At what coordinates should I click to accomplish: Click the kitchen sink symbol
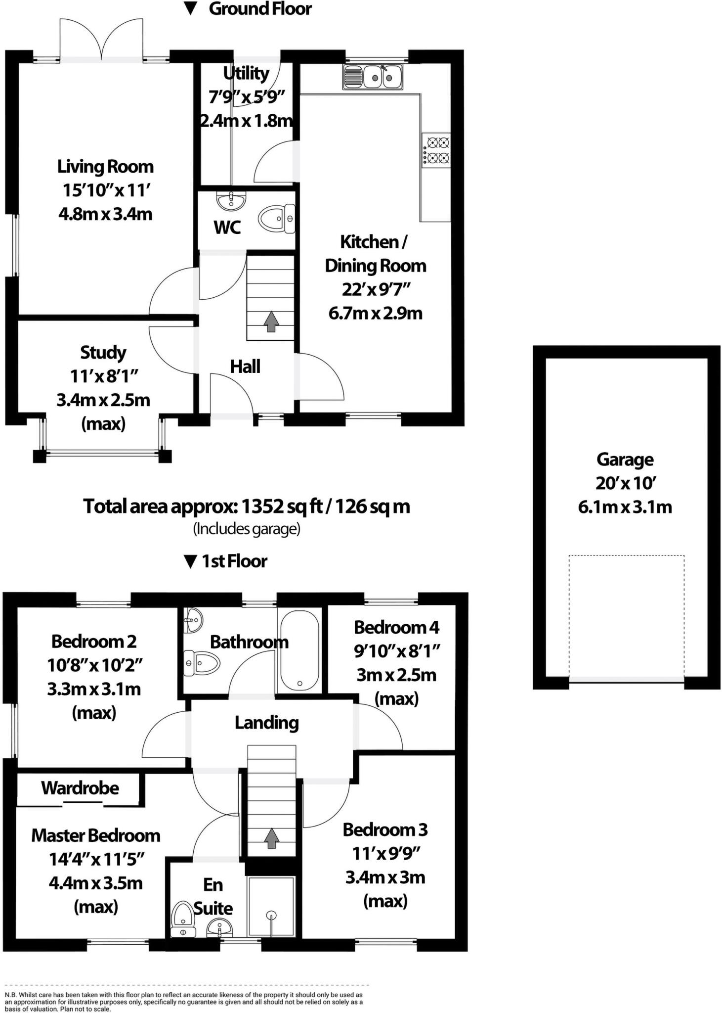373,77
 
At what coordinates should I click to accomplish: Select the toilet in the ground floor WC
276,219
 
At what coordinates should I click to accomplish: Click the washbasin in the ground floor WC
230,201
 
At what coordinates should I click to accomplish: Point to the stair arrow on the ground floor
271,322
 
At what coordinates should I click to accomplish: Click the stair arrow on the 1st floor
271,838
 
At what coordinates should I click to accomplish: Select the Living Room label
105,166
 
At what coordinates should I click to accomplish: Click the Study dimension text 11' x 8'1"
104,376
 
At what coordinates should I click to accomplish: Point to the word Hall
245,367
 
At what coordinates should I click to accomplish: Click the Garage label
625,459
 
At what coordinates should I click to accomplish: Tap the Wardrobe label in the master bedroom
80,787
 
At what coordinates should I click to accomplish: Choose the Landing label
266,723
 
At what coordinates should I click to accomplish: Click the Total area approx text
246,506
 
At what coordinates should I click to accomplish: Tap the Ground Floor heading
259,9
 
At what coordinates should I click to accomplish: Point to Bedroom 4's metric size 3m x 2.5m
396,675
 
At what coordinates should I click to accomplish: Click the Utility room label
246,73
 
